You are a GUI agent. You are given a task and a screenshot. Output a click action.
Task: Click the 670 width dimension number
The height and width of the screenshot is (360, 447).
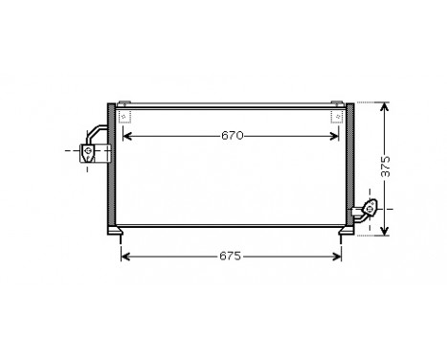pyautogui.click(x=233, y=136)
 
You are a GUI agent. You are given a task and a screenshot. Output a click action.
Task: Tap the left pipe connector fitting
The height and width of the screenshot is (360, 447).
pyautogui.click(x=92, y=150)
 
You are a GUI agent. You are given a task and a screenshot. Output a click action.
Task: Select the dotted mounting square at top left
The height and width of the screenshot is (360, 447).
pyautogui.click(x=123, y=117)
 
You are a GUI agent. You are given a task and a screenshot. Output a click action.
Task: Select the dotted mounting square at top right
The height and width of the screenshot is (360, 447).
pyautogui.click(x=338, y=117)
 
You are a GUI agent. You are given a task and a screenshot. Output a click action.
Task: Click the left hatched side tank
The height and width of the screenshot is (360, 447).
pyautogui.click(x=111, y=168)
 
